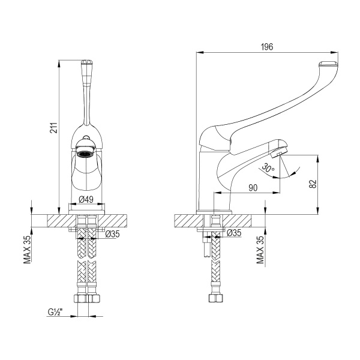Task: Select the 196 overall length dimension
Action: point(267,47)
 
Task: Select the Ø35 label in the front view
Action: point(113,234)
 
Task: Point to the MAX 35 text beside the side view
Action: point(260,250)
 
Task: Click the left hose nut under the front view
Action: point(79,298)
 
